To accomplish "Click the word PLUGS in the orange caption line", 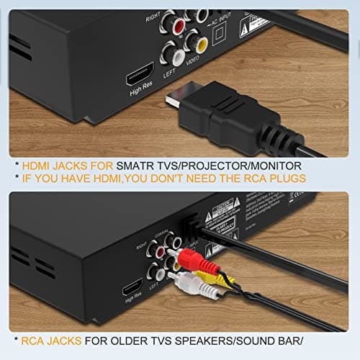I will [286, 178].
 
